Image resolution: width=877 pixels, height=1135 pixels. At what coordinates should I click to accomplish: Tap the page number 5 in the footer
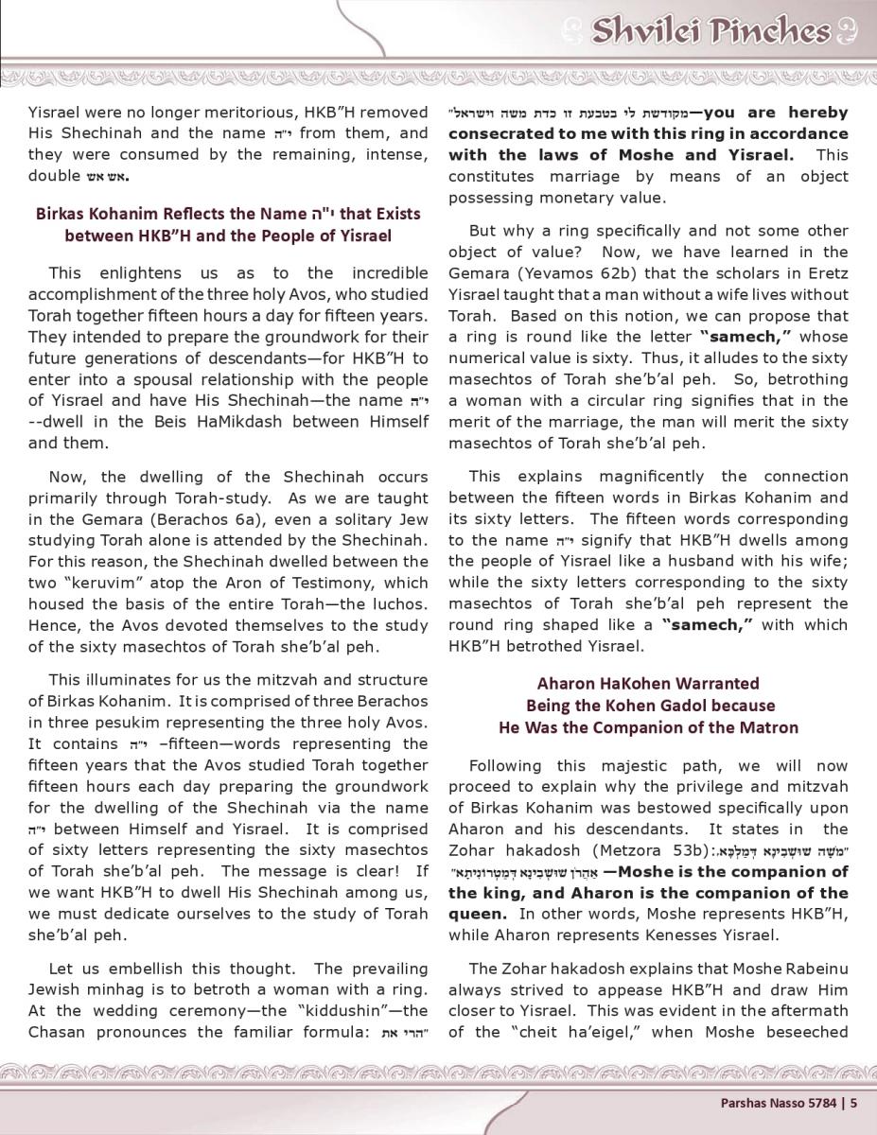point(853,1101)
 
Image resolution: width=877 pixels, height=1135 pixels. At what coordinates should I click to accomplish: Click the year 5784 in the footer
point(822,1101)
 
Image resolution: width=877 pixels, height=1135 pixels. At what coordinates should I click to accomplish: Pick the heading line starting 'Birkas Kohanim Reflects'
point(228,214)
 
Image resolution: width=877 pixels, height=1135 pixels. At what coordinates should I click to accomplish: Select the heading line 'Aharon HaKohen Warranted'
point(648,683)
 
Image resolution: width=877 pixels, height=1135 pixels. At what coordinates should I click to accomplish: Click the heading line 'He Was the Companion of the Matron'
point(648,727)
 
